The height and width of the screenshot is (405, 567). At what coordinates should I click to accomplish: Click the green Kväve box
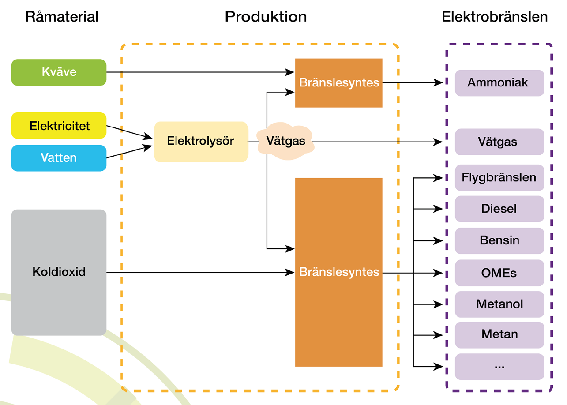(59, 72)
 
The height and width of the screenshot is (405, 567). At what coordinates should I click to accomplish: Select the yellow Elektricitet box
(59, 126)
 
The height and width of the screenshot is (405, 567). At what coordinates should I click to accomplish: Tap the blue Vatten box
(59, 158)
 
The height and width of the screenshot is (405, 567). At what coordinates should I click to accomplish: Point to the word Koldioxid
(59, 272)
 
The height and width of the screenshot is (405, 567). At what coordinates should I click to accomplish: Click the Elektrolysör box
(200, 142)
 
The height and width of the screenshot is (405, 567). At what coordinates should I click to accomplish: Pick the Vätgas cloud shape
(286, 142)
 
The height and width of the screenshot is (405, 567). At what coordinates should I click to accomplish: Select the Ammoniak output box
(499, 82)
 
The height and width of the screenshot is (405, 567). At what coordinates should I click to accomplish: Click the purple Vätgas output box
(499, 142)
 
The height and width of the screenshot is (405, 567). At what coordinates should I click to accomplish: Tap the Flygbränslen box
(499, 178)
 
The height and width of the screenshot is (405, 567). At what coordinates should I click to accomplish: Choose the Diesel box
(499, 209)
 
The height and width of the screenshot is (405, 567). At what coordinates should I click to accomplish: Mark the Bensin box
(499, 241)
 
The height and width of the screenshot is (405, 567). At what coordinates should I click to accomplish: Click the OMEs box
(499, 273)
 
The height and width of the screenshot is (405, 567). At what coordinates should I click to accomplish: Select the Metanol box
(499, 304)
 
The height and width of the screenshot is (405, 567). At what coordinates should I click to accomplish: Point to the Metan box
(499, 334)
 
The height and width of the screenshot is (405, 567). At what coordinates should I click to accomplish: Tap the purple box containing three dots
(499, 366)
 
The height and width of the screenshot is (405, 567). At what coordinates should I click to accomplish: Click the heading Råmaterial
(62, 17)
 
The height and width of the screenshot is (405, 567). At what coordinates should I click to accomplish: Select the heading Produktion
(266, 17)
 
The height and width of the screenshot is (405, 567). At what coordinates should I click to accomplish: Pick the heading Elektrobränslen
(495, 17)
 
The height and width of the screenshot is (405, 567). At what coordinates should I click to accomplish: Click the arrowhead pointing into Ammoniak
(439, 82)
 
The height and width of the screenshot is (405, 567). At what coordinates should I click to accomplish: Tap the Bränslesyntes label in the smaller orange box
(339, 82)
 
